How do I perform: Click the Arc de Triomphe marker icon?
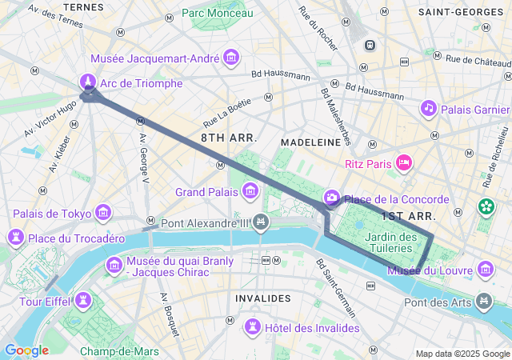click(87, 82)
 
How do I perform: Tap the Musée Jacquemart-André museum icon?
click(232, 58)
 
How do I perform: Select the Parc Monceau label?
click(217, 13)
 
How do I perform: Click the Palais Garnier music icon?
click(429, 108)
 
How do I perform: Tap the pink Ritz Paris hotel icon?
click(405, 163)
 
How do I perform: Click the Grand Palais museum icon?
click(251, 191)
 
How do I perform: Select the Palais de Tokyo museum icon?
click(103, 213)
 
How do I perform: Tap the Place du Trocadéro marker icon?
click(15, 238)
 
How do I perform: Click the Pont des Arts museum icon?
click(484, 302)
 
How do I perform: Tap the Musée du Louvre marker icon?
click(484, 270)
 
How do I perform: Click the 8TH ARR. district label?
click(229, 138)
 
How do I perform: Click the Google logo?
click(26, 350)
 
